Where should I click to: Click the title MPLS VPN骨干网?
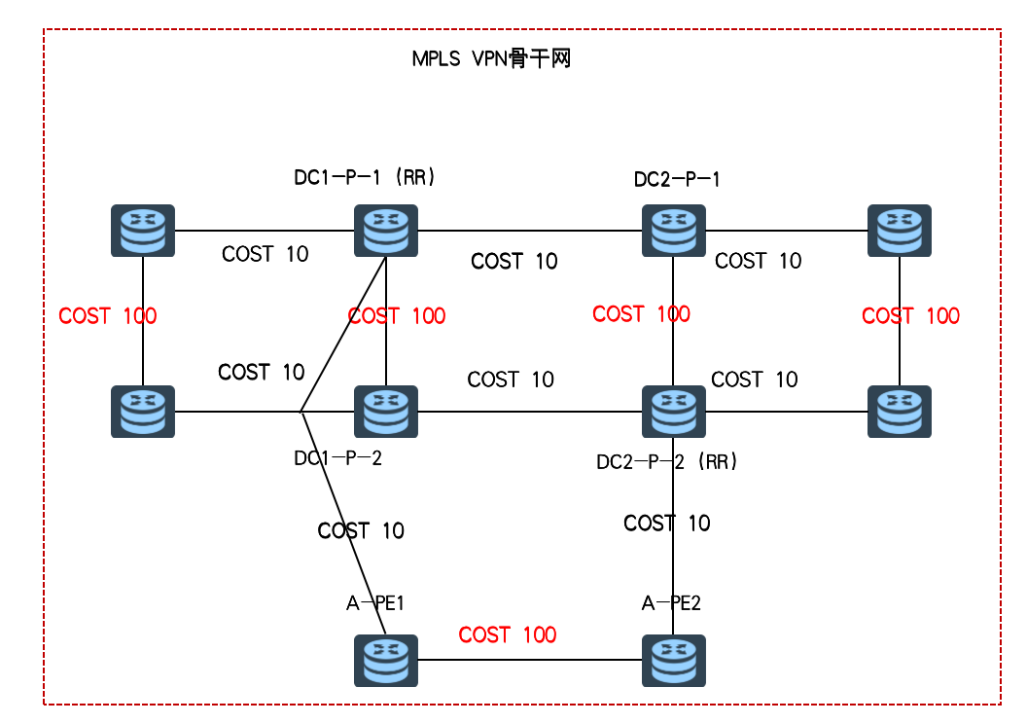490,59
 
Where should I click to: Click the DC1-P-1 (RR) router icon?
385,231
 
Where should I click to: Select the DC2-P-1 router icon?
674,231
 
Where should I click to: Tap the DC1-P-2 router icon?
385,412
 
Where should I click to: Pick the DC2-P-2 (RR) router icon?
674,412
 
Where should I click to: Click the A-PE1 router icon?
385,661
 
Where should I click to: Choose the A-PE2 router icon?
674,661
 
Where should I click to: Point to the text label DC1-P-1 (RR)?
364,178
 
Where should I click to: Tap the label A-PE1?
374,603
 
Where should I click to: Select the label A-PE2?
671,603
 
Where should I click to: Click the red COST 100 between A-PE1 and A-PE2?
507,635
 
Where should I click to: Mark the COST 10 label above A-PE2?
666,524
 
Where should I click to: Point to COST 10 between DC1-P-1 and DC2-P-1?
513,261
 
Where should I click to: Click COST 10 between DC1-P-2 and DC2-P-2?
511,380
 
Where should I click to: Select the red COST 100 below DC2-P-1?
641,313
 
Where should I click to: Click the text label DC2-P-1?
677,179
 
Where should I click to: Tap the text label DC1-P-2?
337,458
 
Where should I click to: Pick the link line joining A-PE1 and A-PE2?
530,661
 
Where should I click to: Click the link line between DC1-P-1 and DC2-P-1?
530,231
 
